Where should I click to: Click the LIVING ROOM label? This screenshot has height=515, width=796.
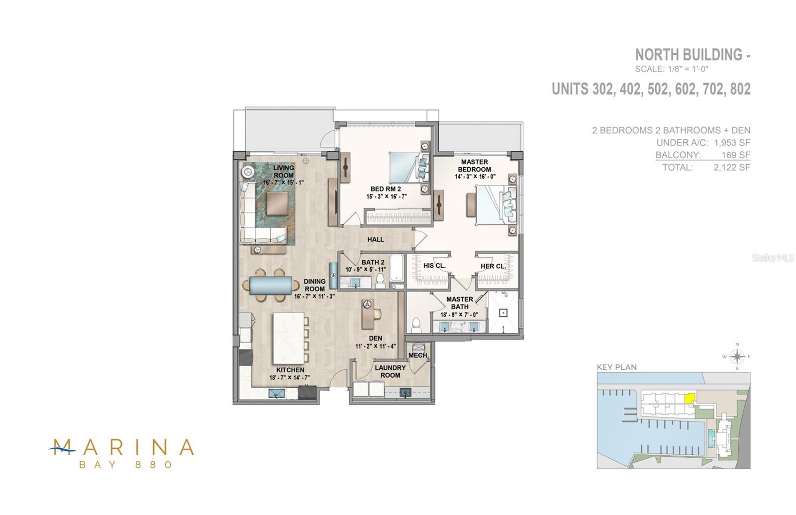click(284, 171)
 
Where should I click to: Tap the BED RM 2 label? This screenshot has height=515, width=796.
click(386, 189)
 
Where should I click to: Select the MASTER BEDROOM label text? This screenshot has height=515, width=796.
click(474, 166)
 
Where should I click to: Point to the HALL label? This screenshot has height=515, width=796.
click(376, 239)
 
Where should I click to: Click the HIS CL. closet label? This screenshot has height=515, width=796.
click(434, 266)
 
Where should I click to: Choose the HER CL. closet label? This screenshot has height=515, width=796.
click(493, 266)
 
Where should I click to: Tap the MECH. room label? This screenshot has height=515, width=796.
click(418, 355)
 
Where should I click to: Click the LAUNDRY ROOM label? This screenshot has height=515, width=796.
click(390, 371)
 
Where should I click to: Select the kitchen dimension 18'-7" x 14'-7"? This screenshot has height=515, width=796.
click(290, 378)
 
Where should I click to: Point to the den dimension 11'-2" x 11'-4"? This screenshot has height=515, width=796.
click(376, 346)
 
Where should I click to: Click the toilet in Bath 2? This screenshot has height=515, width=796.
click(380, 281)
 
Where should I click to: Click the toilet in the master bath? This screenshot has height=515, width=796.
click(416, 325)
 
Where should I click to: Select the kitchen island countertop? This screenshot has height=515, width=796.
click(288, 338)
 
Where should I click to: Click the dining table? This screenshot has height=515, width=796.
click(271, 286)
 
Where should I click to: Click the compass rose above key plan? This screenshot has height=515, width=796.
click(737, 356)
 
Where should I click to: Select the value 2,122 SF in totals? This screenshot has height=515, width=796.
click(731, 167)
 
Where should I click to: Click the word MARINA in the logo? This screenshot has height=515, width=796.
click(122, 447)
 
